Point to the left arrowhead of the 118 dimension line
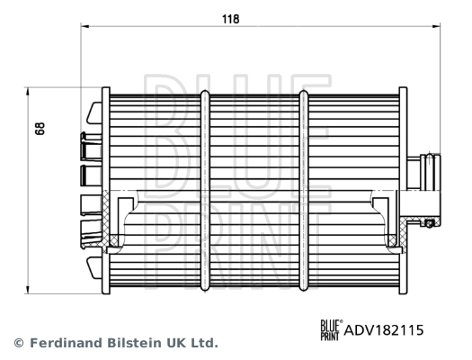pyautogui.click(x=86, y=28)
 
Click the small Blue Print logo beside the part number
pyautogui.click(x=331, y=331)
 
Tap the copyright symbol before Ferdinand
pyautogui.click(x=18, y=343)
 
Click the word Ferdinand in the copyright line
pyautogui.click(x=63, y=343)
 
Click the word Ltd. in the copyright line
pyautogui.click(x=204, y=343)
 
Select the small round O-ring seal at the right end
pyautogui.click(x=430, y=221)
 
